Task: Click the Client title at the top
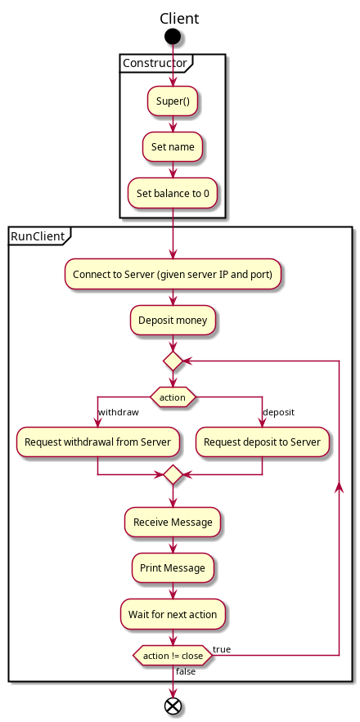tap(179, 19)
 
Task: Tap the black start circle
tap(173, 36)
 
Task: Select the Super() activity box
tap(173, 101)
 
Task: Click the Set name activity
tap(173, 147)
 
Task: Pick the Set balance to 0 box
tap(173, 193)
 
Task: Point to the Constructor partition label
tap(155, 63)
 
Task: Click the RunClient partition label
tap(38, 236)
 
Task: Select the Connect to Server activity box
tap(173, 274)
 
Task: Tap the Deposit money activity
tap(173, 320)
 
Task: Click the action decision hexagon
tap(173, 397)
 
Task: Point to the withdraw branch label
tap(118, 412)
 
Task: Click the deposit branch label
tap(278, 412)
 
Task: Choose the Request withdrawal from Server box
tap(97, 442)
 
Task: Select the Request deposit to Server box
tap(263, 442)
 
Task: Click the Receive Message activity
tap(173, 522)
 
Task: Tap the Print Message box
tap(173, 567)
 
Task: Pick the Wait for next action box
tap(173, 614)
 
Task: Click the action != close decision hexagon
tap(173, 655)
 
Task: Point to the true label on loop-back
tap(222, 649)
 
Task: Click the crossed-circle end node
tap(173, 706)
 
